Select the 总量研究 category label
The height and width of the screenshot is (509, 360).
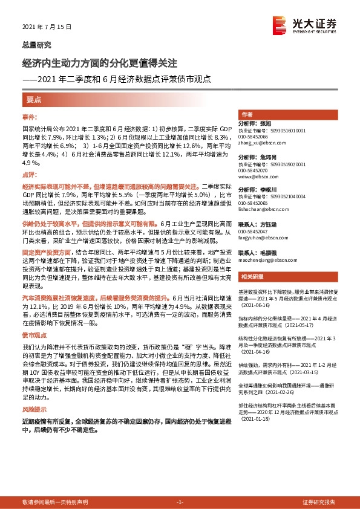tap(37, 45)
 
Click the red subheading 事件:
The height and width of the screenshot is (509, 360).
tap(30, 116)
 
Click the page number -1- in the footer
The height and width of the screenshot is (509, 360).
tap(180, 502)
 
